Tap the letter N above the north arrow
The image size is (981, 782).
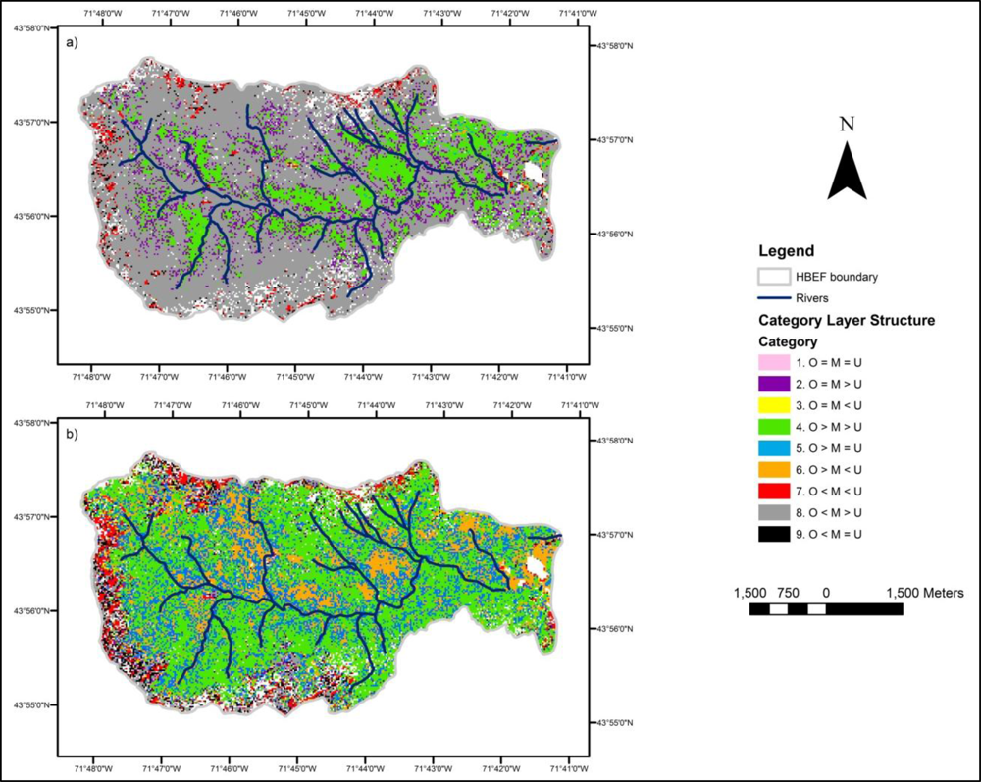pos(847,125)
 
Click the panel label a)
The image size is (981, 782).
pos(74,45)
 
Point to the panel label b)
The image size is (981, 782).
pos(74,433)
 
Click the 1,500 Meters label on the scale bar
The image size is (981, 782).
pos(925,593)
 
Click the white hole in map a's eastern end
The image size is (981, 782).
pos(534,173)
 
